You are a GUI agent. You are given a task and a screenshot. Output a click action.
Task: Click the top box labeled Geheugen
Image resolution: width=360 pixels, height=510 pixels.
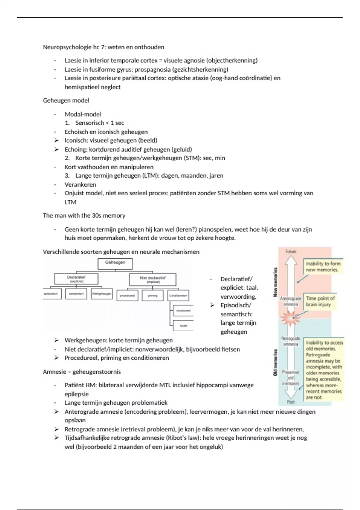coord(115,263)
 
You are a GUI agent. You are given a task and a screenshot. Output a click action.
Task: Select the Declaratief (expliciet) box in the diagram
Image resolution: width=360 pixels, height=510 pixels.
coord(76,279)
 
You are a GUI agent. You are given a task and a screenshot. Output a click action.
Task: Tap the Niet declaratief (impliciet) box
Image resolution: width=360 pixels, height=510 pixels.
coord(153,280)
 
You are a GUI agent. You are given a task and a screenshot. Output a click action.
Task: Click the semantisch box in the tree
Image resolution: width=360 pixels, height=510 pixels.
coord(76,294)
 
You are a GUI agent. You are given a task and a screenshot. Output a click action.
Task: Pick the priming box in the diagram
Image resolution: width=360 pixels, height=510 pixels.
coord(153,295)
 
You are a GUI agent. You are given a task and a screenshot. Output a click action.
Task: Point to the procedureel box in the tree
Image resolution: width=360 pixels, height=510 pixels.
coord(127,295)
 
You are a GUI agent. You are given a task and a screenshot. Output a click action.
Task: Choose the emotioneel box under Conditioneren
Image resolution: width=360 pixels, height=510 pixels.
coord(183,311)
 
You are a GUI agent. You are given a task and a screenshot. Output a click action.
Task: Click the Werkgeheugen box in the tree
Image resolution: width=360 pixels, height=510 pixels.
coord(102,294)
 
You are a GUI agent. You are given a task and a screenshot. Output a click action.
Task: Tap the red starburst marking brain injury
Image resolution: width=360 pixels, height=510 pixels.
coord(290,317)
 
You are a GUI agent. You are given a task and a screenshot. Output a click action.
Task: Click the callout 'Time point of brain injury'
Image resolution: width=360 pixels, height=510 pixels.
coord(320,301)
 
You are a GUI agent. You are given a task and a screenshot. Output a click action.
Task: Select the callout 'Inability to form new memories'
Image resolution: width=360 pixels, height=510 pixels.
coord(323,266)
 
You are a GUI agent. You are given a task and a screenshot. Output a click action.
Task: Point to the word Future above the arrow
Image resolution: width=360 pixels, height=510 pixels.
coord(291,251)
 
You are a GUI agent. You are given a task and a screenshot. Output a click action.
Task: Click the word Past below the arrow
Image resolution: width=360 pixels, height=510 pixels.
coord(291,402)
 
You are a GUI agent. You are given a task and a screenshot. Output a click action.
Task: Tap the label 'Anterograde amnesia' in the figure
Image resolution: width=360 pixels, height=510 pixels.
coord(290,301)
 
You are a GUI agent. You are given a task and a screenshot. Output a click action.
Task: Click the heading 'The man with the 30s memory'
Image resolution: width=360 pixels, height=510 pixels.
coord(84,215)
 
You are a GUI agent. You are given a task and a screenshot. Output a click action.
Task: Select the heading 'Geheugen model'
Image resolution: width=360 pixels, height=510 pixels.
coord(66,100)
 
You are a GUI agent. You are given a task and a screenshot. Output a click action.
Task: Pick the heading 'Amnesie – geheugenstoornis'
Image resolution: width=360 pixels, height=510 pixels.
coord(82,372)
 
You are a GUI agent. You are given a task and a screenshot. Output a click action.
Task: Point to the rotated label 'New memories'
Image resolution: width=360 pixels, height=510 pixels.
coord(275,282)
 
